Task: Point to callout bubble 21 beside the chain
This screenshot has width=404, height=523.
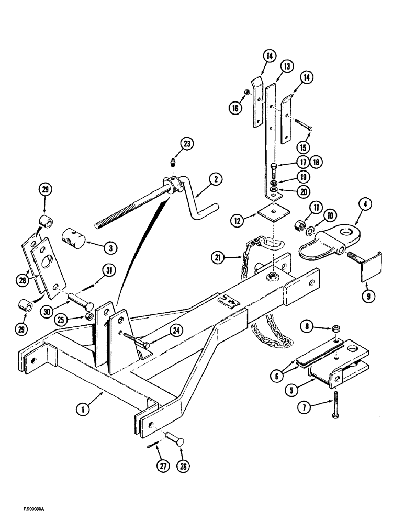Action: [219, 256]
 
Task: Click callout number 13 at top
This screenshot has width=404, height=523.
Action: [287, 66]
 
